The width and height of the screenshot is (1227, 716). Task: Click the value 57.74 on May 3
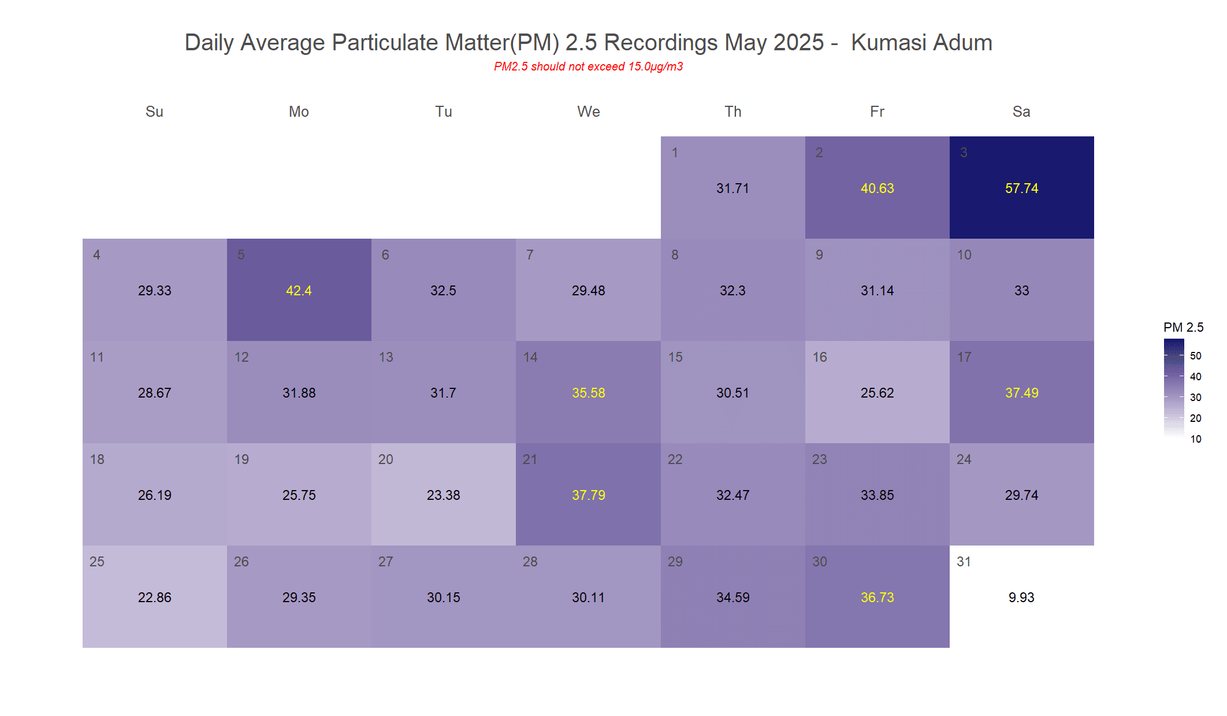coord(1021,188)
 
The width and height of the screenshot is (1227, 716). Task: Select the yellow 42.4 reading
coord(299,291)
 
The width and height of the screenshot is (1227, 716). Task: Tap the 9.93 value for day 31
coord(1021,598)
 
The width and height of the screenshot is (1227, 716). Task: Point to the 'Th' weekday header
coord(733,112)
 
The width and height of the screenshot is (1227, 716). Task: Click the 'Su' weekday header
coord(154,112)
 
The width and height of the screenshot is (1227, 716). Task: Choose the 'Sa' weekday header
coord(1021,112)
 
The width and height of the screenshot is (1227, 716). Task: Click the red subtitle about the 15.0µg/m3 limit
coord(588,66)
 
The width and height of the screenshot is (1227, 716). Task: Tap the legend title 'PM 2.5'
coord(1183,328)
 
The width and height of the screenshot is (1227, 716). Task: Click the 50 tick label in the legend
coord(1196,356)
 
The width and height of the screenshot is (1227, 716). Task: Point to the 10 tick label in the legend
coord(1196,439)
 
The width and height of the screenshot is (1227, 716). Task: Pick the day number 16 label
coord(820,357)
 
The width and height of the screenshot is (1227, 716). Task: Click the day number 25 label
coord(97,562)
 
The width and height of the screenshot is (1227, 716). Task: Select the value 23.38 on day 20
coord(443,495)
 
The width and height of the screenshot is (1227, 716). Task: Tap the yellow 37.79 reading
coord(588,495)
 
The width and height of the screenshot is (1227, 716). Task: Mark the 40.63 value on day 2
coord(877,188)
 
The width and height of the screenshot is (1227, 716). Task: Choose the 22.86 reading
coord(154,598)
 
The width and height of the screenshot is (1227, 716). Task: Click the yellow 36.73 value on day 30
coord(877,598)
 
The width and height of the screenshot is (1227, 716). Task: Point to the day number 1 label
coord(675,153)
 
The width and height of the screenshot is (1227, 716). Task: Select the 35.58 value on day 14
coord(588,393)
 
